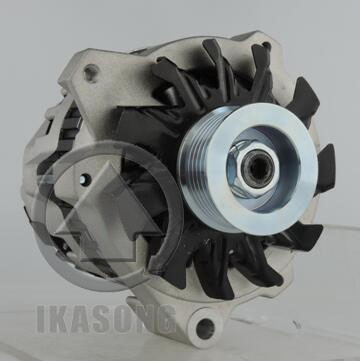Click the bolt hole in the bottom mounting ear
(205, 328)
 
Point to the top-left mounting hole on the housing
(91, 73)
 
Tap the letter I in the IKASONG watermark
(41, 319)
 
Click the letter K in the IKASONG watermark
(57, 319)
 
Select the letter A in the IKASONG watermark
(79, 319)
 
